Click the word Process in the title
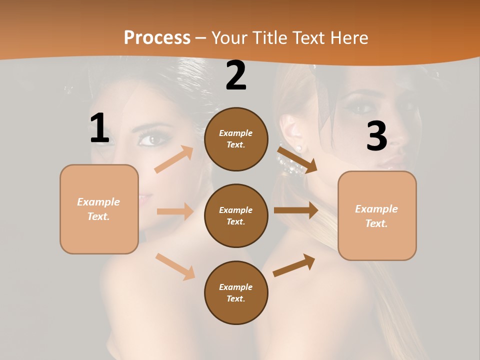[x=157, y=38]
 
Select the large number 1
[x=99, y=128]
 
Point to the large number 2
[x=236, y=75]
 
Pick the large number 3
[x=376, y=136]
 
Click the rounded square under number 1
[x=99, y=209]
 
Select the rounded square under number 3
[x=377, y=215]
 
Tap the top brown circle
[x=236, y=139]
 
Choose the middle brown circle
[x=236, y=215]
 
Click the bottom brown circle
[x=236, y=292]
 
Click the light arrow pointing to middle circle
[x=175, y=211]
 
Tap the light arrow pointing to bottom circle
[x=175, y=266]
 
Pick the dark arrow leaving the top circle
[x=297, y=159]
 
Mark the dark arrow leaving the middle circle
[x=296, y=210]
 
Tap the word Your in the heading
[x=229, y=38]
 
